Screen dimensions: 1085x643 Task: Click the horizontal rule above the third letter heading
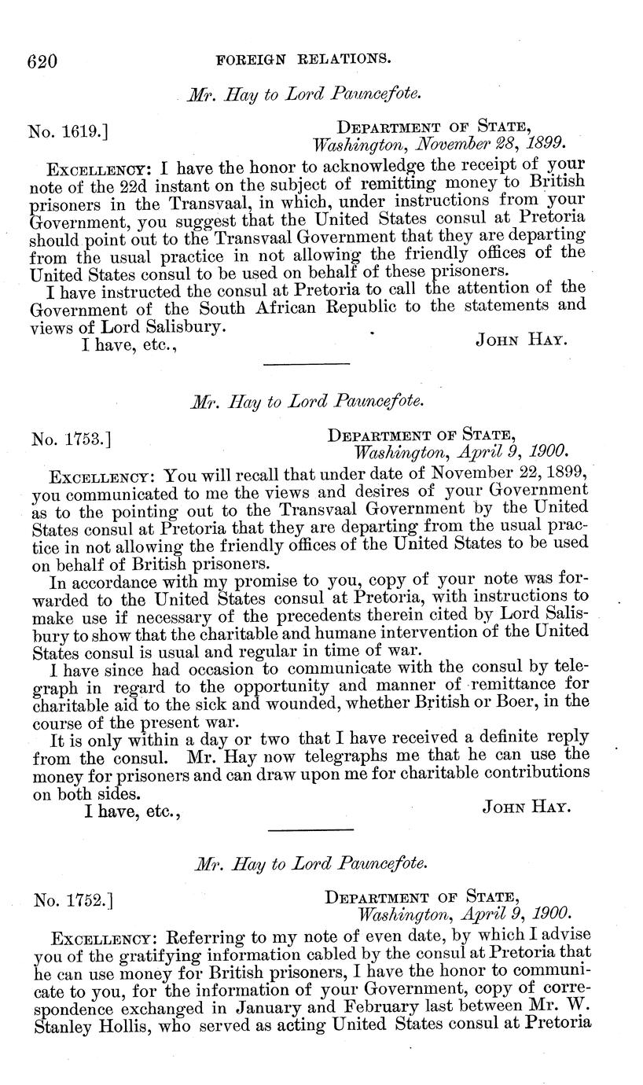pos(311,830)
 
